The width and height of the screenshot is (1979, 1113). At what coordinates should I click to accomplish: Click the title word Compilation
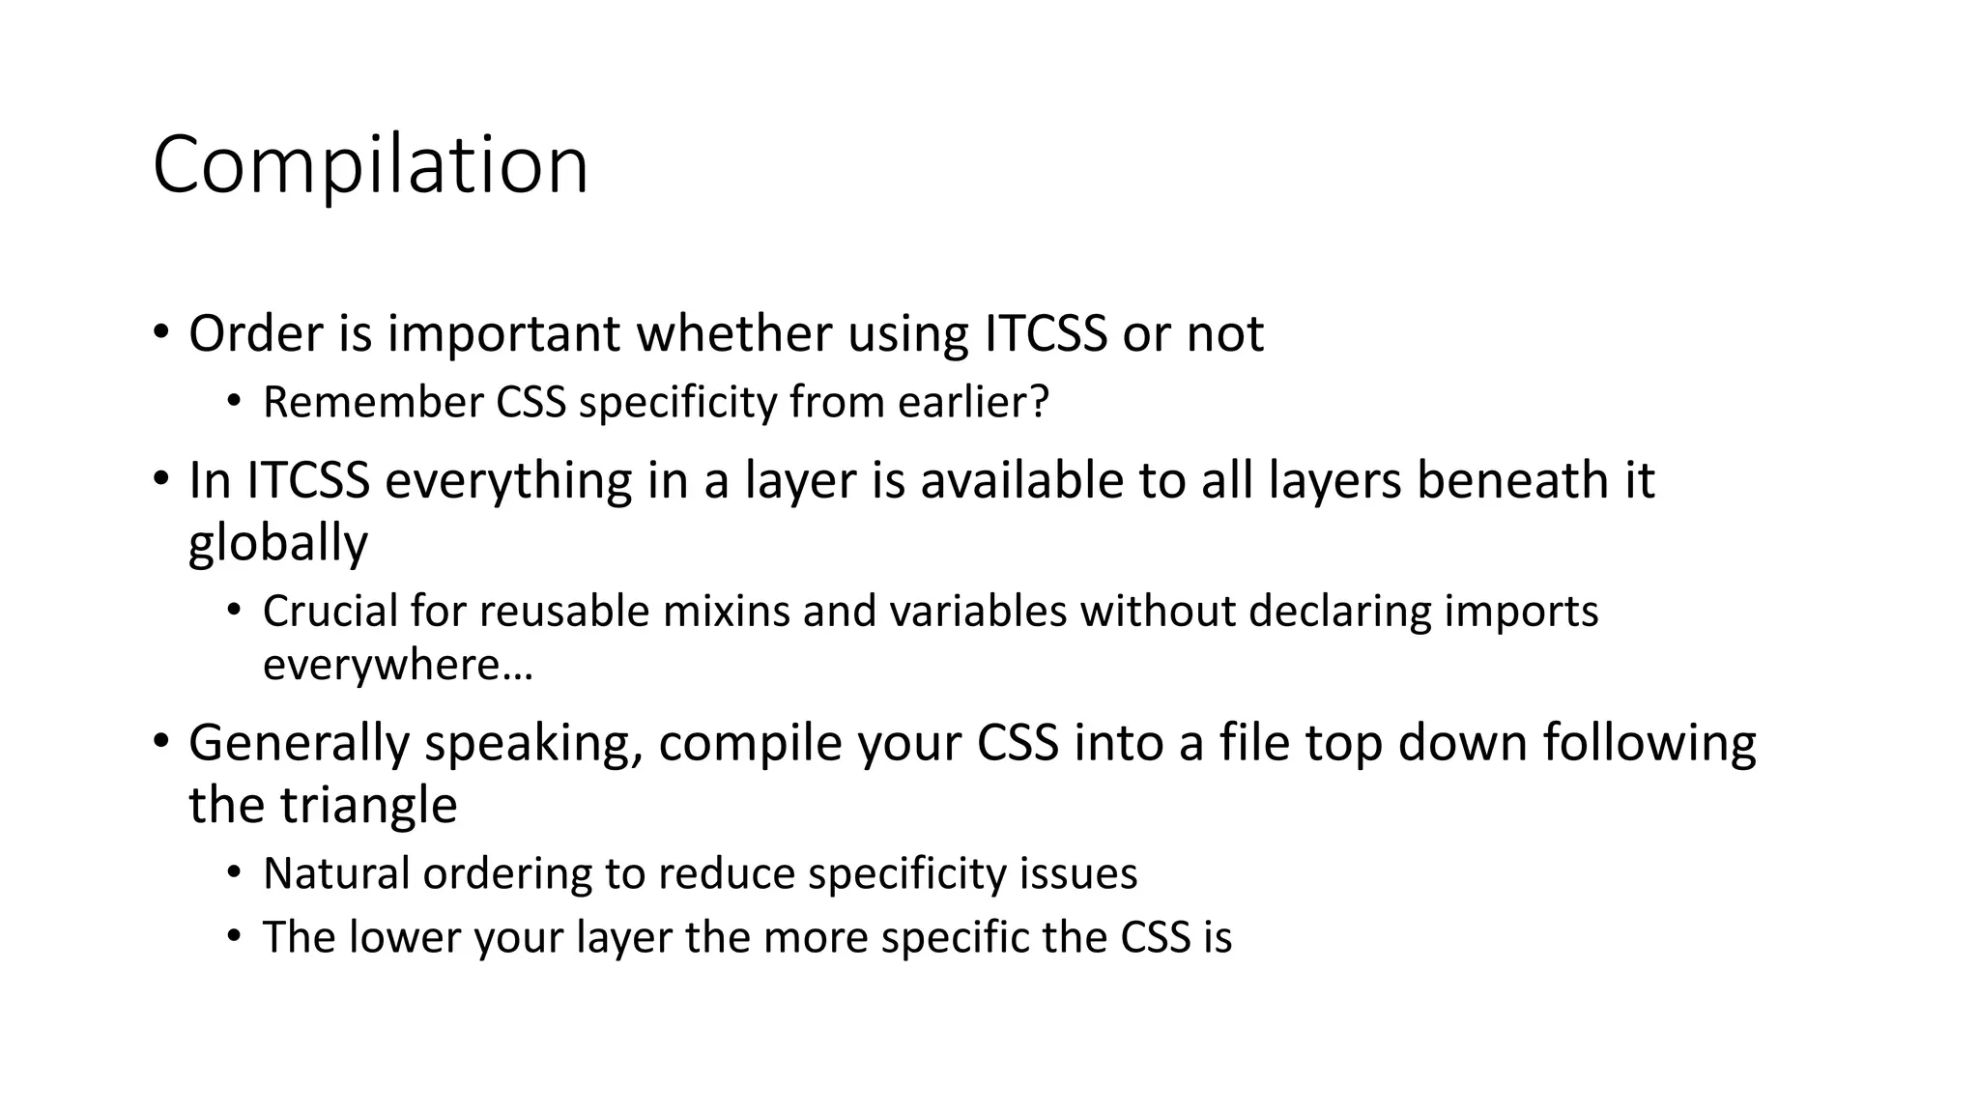[x=370, y=165]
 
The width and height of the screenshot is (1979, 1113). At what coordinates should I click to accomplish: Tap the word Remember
[x=372, y=403]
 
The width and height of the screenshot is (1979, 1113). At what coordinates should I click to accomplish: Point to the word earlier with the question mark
[x=973, y=403]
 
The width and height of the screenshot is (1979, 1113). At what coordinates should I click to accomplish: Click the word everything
[x=508, y=481]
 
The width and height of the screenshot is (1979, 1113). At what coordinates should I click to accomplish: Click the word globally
[x=278, y=544]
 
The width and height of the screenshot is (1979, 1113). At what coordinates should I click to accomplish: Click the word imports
[x=1521, y=612]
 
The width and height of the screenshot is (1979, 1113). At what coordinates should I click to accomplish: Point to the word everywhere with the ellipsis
[x=398, y=666]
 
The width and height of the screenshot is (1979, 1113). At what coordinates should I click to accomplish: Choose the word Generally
[x=300, y=744]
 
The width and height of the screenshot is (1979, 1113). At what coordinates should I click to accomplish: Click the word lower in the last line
[x=405, y=937]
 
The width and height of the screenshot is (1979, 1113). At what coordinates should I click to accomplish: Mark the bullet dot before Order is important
[x=160, y=333]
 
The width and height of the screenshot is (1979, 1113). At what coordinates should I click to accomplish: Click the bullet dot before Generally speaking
[x=160, y=742]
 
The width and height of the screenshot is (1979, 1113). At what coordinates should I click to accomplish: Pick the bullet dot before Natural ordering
[x=234, y=873]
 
